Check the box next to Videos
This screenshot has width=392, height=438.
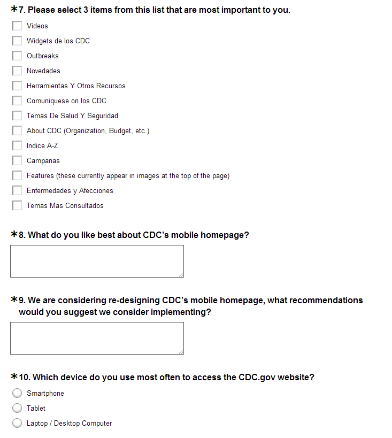click(x=17, y=26)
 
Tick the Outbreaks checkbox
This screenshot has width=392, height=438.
click(x=17, y=56)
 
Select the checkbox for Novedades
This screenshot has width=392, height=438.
click(x=17, y=71)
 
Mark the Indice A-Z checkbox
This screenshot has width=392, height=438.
click(x=17, y=145)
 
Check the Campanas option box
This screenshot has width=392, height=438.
click(x=17, y=160)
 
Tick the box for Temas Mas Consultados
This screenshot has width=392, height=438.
click(x=17, y=205)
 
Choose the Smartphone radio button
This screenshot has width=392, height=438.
click(x=17, y=393)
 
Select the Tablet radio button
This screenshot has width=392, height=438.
click(x=17, y=408)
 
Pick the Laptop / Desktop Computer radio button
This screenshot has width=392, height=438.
click(x=17, y=423)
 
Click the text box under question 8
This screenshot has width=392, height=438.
click(x=97, y=261)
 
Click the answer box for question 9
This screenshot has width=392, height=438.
click(x=97, y=338)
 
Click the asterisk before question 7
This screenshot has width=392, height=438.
click(x=14, y=10)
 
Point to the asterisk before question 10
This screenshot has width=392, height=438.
click(x=14, y=377)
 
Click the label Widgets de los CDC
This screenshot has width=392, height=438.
click(x=58, y=41)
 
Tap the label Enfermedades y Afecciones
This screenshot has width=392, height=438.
click(x=70, y=190)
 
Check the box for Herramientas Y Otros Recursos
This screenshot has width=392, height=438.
click(x=17, y=86)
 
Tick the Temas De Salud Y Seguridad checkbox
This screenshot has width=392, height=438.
click(x=17, y=116)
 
